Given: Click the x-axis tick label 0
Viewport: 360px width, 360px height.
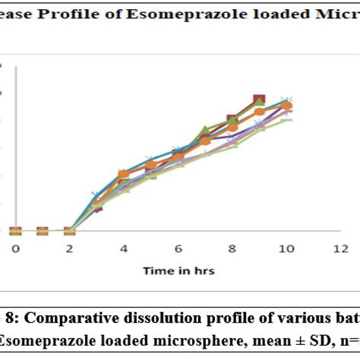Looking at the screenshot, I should pyautogui.click(x=15, y=248).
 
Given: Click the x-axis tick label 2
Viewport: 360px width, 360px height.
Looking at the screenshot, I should pyautogui.click(x=69, y=248).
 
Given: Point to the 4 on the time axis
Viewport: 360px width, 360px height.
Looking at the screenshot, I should pyautogui.click(x=124, y=248).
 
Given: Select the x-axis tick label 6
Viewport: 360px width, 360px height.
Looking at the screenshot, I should pyautogui.click(x=178, y=248).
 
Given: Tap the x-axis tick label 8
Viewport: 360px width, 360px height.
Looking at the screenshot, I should pyautogui.click(x=232, y=248).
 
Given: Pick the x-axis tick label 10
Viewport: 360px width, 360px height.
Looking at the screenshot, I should pyautogui.click(x=286, y=248).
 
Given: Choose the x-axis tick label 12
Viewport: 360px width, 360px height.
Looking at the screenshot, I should pyautogui.click(x=340, y=248).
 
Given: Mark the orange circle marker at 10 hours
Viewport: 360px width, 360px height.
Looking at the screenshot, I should pyautogui.click(x=286, y=106).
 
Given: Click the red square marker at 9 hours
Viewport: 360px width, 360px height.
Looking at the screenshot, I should pyautogui.click(x=259, y=100).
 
